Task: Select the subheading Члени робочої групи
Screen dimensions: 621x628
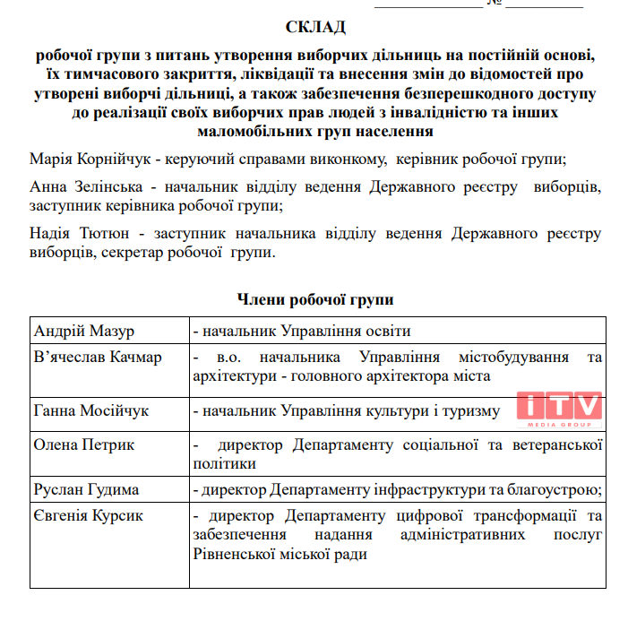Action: tap(315, 298)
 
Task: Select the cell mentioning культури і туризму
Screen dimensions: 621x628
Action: tap(358, 410)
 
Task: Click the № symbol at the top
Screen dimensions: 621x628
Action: tap(494, 4)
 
